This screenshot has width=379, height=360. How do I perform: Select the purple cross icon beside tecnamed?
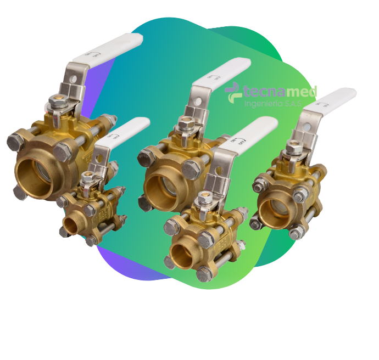pyautogui.click(x=234, y=91)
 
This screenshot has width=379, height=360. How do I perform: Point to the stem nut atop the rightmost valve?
pyautogui.click(x=293, y=148)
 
